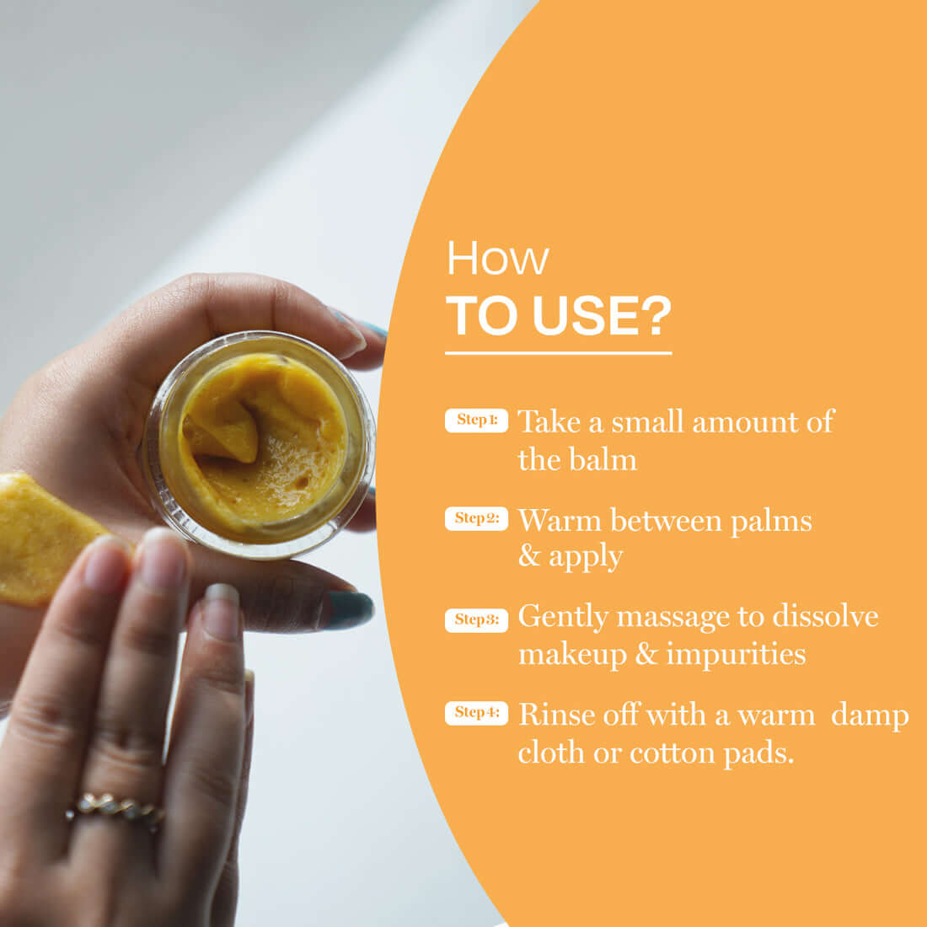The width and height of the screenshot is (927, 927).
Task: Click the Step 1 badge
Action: (x=476, y=420)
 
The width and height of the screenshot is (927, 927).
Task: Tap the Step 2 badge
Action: (x=476, y=518)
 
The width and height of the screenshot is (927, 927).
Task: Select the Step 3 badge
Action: (x=476, y=619)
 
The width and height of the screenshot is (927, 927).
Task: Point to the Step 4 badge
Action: (x=476, y=713)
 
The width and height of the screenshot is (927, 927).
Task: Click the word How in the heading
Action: (x=497, y=258)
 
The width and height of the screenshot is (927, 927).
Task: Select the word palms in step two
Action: (x=770, y=521)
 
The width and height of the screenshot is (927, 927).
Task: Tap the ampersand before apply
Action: (x=528, y=557)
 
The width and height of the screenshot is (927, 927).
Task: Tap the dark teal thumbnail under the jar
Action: (x=348, y=608)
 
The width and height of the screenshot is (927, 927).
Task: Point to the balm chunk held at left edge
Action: (x=38, y=539)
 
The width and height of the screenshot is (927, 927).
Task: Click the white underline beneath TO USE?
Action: (x=558, y=353)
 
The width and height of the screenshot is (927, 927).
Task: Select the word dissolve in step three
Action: (x=825, y=617)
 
